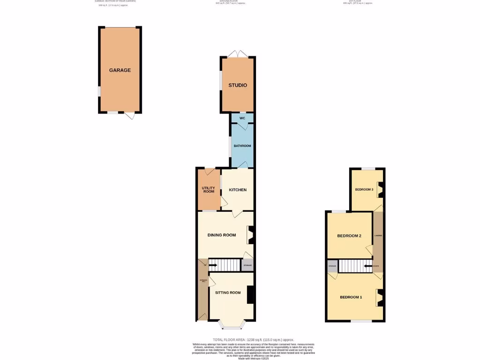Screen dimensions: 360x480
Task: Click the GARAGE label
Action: click(x=120, y=70)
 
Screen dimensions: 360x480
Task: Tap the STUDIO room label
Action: click(x=238, y=85)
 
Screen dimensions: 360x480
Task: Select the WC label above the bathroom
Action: click(x=242, y=118)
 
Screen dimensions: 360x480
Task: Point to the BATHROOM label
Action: click(x=242, y=146)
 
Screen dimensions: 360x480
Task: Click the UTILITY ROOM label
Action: click(x=209, y=189)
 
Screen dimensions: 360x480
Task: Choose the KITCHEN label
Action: click(x=238, y=190)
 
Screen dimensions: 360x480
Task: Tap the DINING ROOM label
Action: click(x=222, y=235)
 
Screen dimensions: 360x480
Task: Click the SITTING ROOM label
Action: click(x=228, y=292)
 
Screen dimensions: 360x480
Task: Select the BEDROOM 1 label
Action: click(x=351, y=297)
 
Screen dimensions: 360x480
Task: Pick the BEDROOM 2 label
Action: click(x=349, y=236)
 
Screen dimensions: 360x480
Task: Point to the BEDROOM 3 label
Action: click(x=364, y=190)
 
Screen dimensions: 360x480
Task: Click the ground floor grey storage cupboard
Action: click(x=247, y=265)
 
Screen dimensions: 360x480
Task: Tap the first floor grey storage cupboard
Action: click(x=332, y=266)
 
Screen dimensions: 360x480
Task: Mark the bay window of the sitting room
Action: click(x=232, y=324)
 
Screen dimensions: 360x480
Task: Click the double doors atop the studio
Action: click(x=238, y=53)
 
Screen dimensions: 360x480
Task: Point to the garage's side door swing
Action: click(x=130, y=115)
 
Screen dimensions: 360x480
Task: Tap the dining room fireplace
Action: click(x=251, y=235)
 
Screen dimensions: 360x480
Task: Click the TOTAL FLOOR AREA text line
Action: click(x=253, y=339)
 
